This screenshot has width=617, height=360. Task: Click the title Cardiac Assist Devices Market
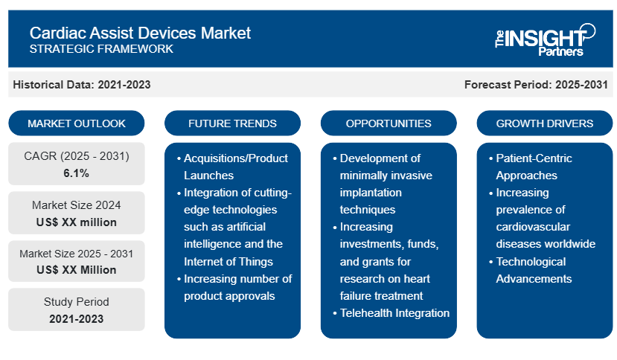(140, 33)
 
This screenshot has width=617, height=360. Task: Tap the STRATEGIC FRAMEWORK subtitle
(101, 49)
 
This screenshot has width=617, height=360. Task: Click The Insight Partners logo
(545, 39)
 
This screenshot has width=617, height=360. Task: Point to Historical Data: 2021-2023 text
(82, 85)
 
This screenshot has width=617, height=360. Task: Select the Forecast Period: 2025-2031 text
(536, 85)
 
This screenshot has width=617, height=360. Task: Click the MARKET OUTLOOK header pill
(77, 123)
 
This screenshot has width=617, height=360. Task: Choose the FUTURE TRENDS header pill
(232, 123)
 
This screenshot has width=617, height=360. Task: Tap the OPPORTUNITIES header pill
(389, 123)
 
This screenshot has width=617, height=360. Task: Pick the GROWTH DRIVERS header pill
(545, 123)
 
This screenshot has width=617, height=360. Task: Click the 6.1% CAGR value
(77, 173)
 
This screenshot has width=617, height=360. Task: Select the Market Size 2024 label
(77, 205)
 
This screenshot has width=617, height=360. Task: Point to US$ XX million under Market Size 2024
(77, 222)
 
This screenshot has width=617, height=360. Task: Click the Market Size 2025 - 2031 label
(77, 254)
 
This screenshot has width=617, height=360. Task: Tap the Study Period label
(77, 302)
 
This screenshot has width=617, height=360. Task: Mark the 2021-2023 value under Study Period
(77, 318)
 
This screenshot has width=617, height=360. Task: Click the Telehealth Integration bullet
(394, 313)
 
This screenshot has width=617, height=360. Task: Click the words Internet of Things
(228, 262)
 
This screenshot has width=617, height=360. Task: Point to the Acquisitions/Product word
(236, 158)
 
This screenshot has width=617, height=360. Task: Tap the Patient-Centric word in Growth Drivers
(534, 158)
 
